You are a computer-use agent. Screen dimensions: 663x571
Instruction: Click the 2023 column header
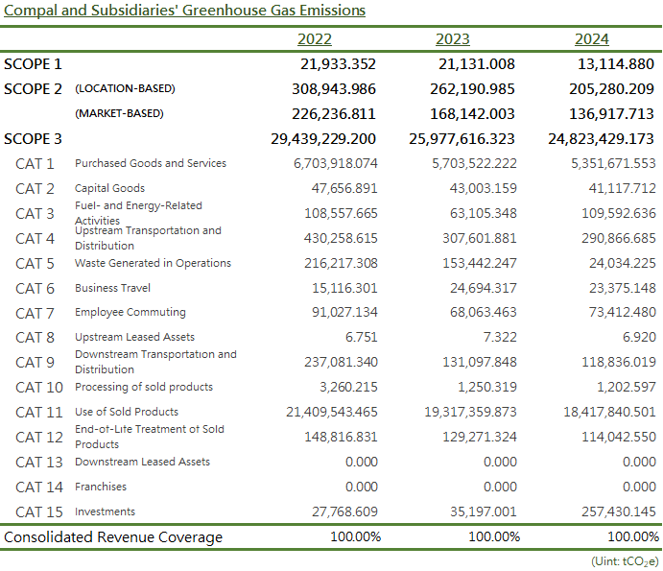[453, 39]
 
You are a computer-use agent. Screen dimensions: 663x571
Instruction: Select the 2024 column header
[592, 39]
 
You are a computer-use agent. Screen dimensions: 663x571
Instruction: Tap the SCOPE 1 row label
[33, 64]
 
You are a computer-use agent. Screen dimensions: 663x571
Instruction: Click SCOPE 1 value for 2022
[338, 64]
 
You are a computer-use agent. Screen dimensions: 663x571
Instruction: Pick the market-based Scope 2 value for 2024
[611, 114]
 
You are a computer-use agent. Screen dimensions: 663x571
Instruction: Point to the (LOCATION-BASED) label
[125, 88]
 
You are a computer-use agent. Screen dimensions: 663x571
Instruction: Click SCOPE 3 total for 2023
[462, 139]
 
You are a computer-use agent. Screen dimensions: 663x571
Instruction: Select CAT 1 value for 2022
[335, 163]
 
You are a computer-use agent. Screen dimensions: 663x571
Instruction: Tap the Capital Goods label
[109, 188]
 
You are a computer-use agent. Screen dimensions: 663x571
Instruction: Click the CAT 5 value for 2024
[623, 263]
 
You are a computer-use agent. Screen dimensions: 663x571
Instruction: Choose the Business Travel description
[112, 288]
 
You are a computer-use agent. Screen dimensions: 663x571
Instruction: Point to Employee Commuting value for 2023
[484, 312]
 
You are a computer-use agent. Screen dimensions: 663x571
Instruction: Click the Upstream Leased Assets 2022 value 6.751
[361, 337]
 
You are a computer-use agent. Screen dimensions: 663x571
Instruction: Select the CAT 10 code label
[39, 388]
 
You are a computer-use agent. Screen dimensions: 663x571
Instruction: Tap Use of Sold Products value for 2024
[609, 412]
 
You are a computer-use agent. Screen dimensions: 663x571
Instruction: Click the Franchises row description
[101, 487]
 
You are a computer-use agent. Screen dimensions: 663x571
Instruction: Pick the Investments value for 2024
[619, 512]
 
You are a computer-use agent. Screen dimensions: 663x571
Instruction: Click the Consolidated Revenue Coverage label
[113, 537]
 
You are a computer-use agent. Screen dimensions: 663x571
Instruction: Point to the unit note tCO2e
[640, 561]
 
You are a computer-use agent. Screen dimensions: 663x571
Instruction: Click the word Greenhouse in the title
[224, 11]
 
